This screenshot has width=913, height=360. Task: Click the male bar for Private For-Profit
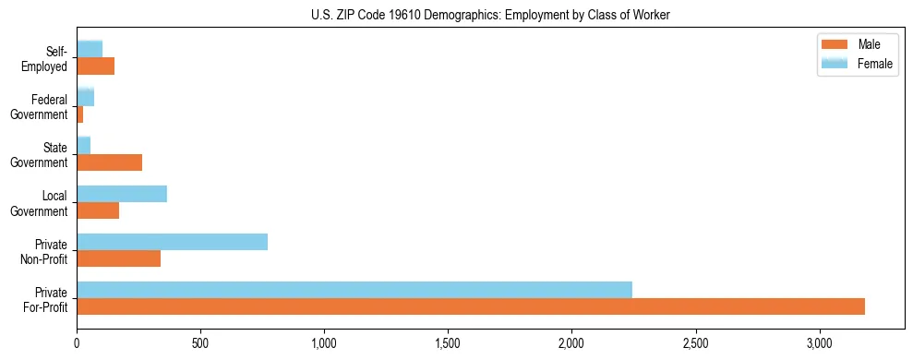tap(471, 306)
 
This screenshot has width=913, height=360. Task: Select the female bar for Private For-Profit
tap(354, 290)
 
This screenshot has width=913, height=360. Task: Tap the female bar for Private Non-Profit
tap(172, 242)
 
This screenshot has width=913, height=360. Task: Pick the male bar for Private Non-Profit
tap(118, 258)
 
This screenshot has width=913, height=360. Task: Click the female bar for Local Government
tap(122, 194)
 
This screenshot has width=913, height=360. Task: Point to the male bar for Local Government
tap(98, 210)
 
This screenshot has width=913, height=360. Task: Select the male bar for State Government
tap(109, 162)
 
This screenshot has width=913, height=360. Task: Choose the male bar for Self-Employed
tap(95, 66)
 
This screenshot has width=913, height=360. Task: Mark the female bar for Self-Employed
tap(90, 50)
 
